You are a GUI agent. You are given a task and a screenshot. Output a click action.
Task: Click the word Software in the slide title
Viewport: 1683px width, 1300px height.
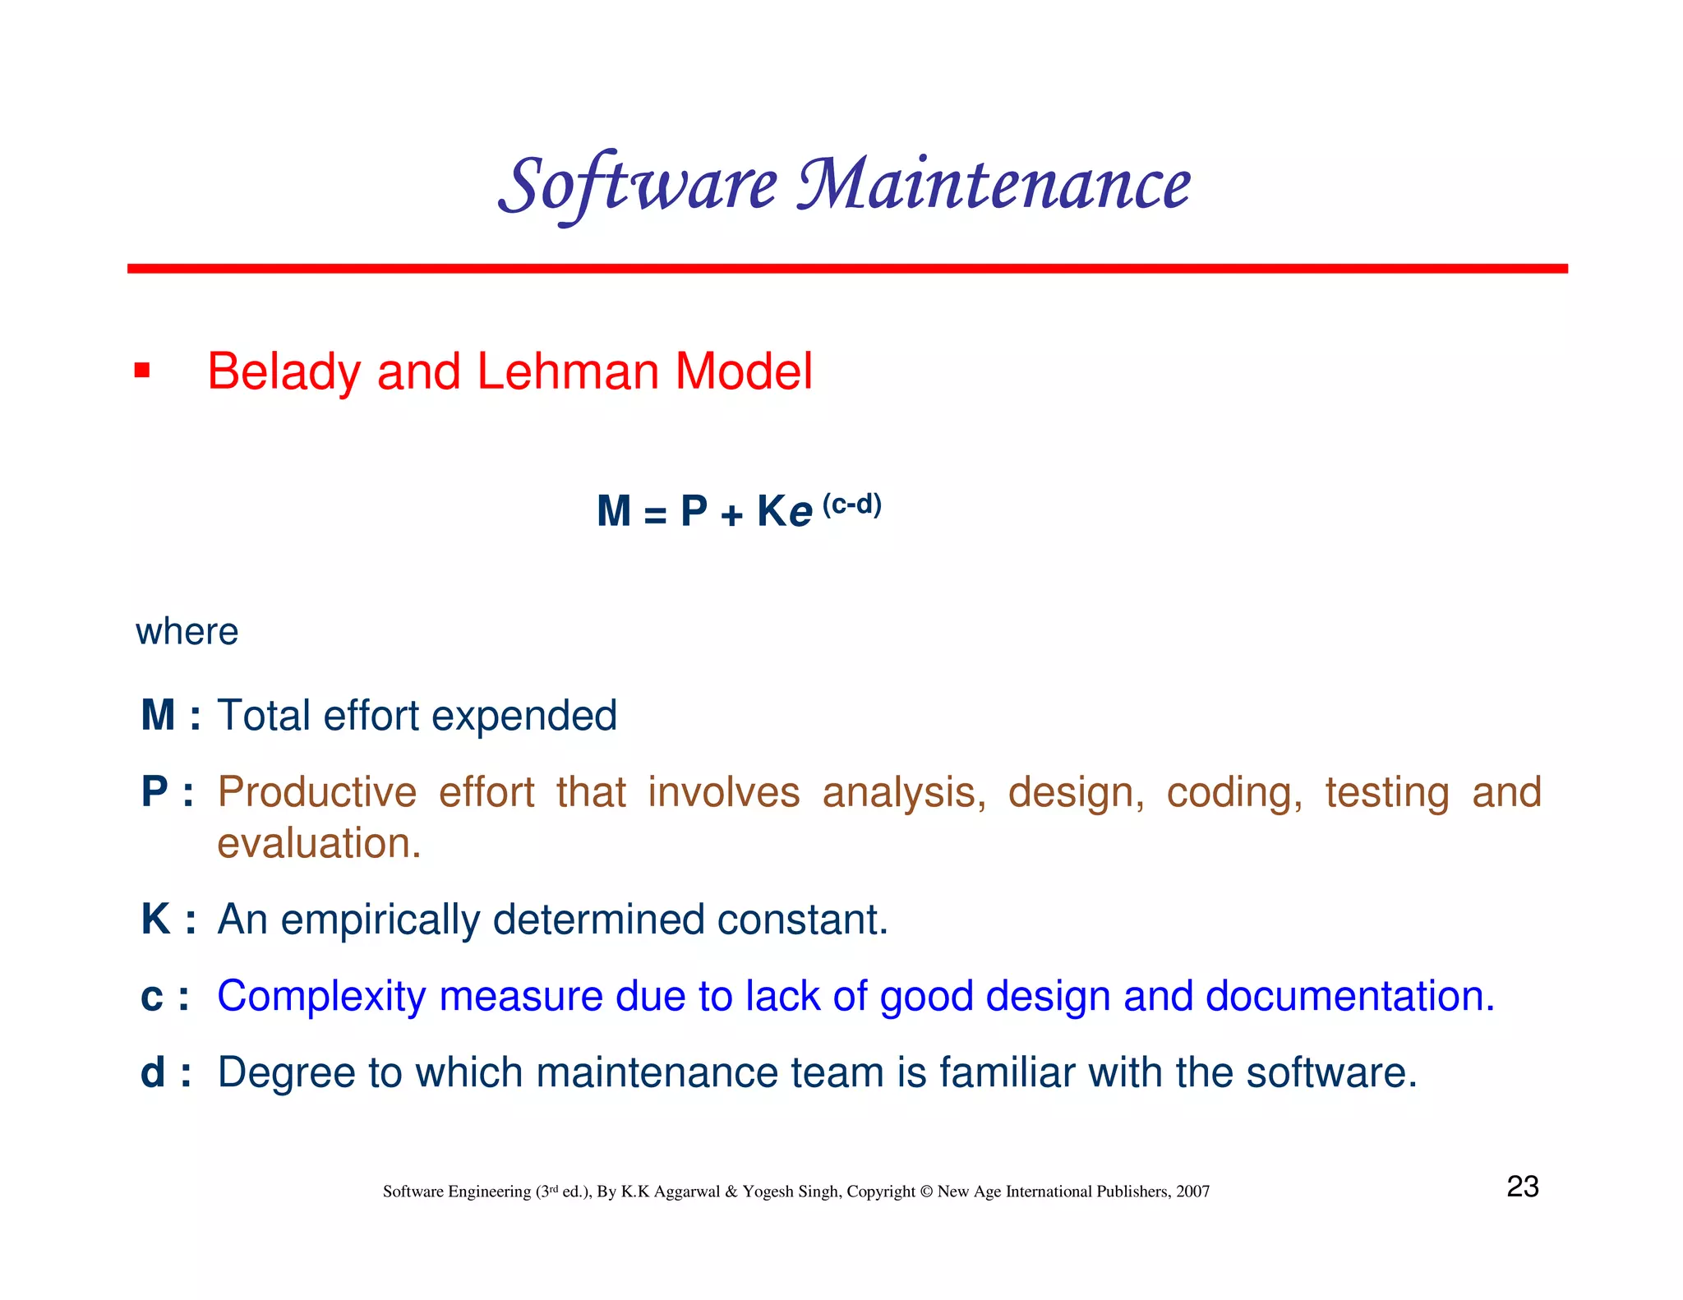[638, 184]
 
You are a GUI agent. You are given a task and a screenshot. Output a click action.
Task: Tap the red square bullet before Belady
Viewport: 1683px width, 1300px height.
[142, 371]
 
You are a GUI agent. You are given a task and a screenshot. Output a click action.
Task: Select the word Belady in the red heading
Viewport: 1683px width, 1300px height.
[283, 371]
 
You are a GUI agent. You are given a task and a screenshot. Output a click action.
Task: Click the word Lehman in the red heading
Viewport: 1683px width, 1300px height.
[566, 371]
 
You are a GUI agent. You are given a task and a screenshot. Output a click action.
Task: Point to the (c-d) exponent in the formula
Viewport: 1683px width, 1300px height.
[852, 504]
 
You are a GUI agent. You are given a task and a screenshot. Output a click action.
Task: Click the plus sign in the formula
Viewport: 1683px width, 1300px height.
[731, 514]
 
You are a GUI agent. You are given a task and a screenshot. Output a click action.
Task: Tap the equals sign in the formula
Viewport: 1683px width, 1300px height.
[655, 515]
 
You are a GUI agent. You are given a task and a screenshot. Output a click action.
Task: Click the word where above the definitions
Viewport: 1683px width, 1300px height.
[187, 632]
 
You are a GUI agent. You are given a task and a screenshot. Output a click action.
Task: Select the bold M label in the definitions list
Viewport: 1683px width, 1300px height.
[158, 715]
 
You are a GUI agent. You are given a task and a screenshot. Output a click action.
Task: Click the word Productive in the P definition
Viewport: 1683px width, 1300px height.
[317, 793]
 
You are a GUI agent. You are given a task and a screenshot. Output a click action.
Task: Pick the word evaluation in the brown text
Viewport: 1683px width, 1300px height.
[319, 844]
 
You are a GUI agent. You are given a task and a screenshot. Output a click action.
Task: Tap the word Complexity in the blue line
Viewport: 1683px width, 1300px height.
[321, 997]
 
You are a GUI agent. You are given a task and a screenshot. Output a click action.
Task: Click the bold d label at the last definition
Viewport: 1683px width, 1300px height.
[154, 1072]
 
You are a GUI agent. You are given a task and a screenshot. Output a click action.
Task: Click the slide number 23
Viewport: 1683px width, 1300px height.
[1522, 1187]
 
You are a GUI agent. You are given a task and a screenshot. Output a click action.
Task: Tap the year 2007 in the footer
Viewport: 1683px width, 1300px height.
[1192, 1192]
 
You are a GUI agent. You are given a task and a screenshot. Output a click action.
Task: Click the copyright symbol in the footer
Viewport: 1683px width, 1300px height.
[926, 1192]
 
